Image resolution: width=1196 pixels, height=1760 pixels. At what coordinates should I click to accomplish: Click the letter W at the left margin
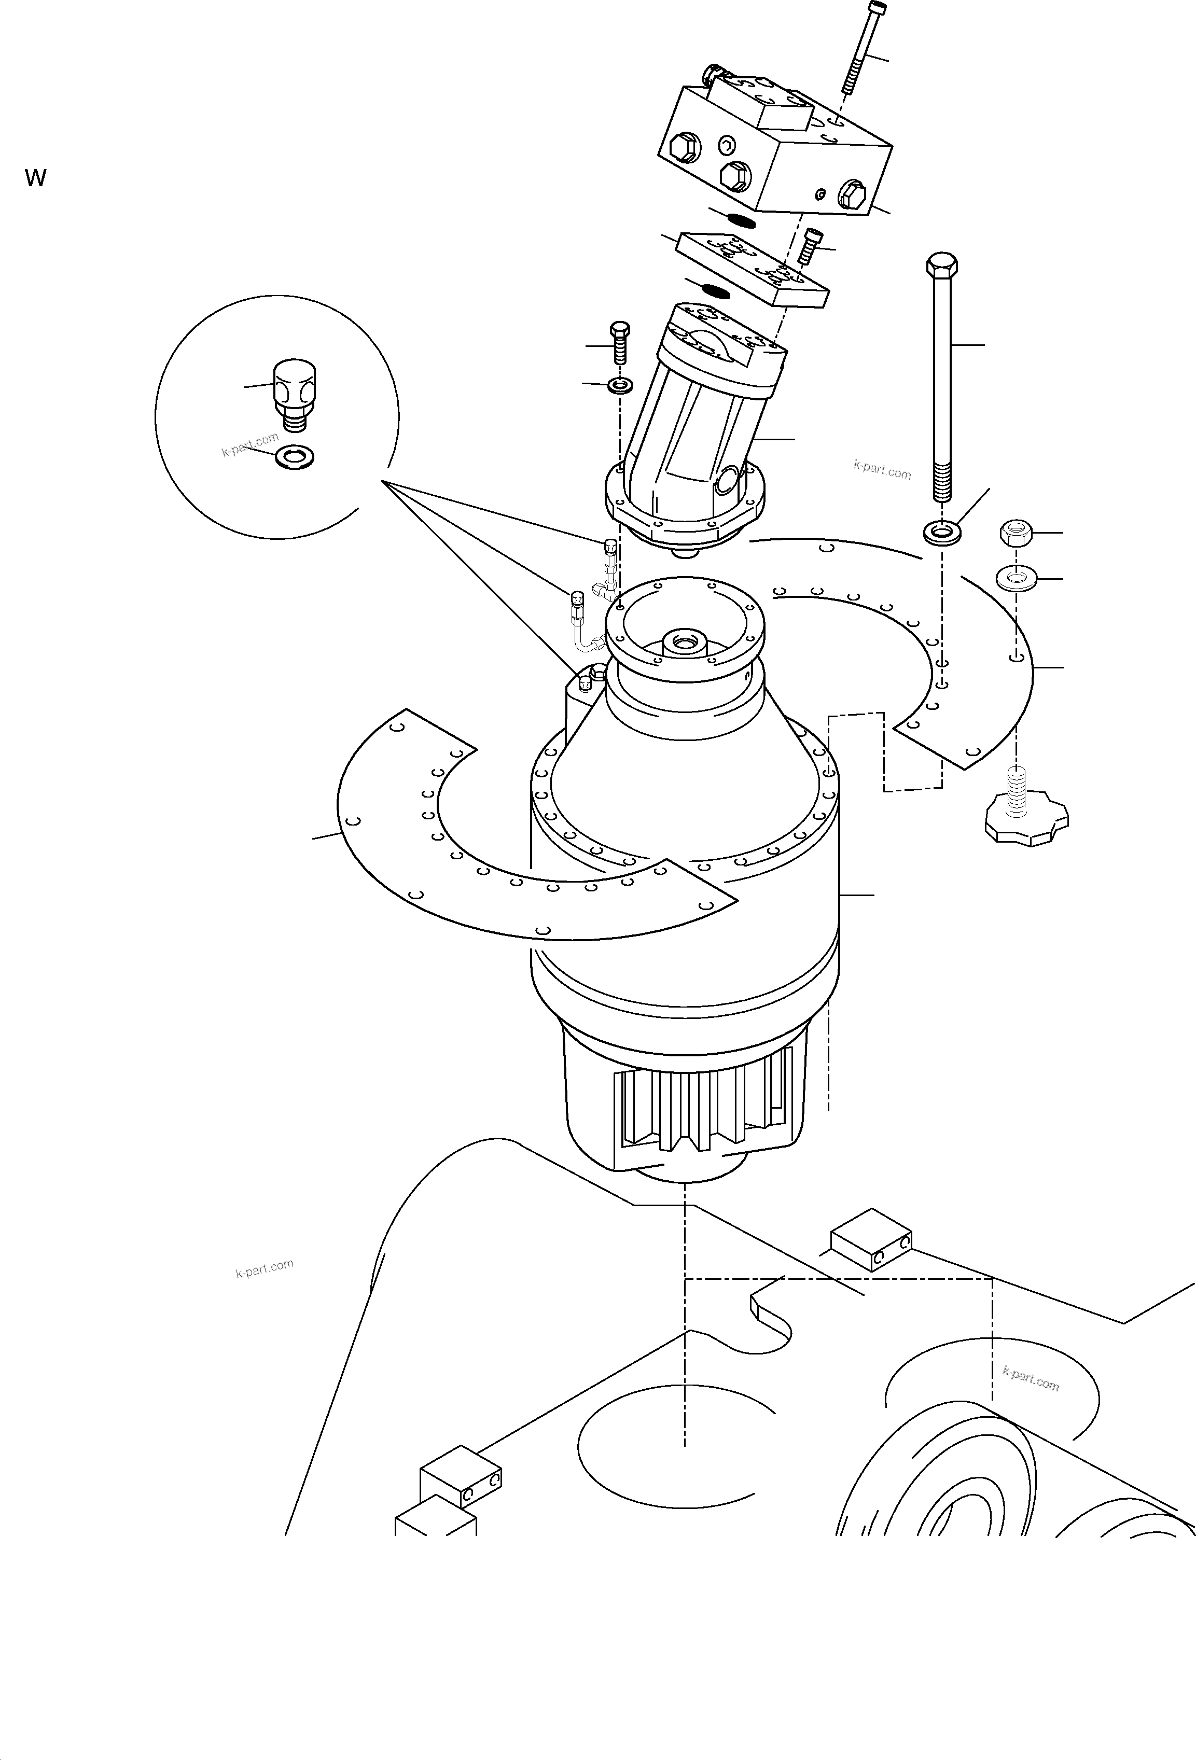[x=36, y=178]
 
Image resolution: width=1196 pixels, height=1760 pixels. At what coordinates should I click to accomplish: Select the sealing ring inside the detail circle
[x=295, y=457]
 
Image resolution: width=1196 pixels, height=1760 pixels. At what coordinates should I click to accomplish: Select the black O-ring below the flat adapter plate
[x=716, y=290]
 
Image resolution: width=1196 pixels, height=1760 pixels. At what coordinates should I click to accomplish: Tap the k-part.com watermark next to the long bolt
[x=882, y=470]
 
